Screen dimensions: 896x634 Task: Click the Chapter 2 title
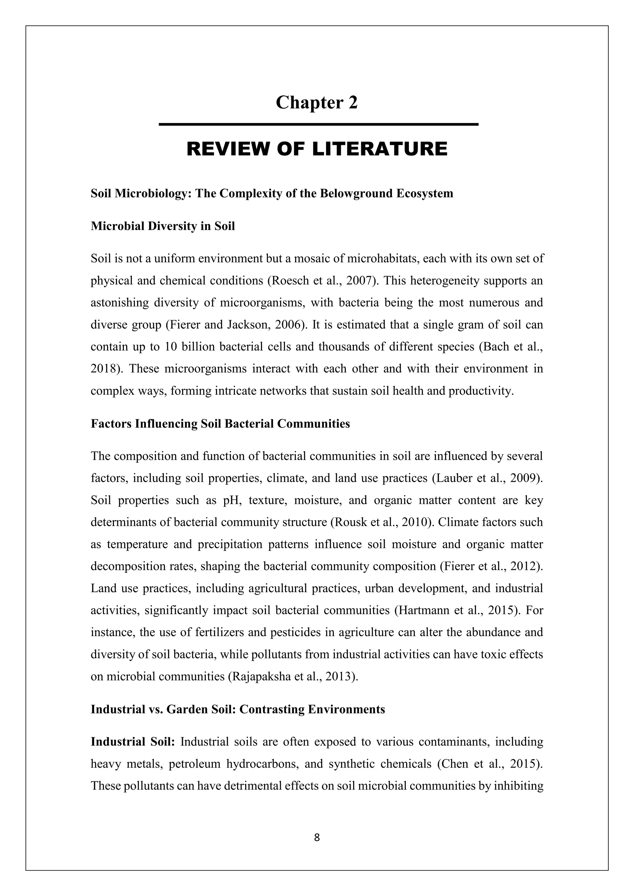tap(317, 103)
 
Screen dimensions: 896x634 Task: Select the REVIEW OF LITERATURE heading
tap(317, 149)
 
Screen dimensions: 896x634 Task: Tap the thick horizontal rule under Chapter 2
tap(318, 124)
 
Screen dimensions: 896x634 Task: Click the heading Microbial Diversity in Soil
tap(163, 226)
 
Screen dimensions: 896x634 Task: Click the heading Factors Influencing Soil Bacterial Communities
tap(220, 424)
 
